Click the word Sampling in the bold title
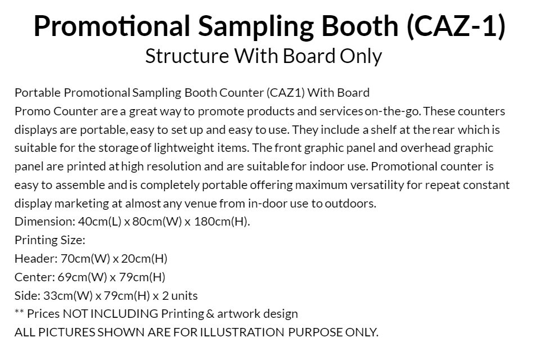[x=256, y=26]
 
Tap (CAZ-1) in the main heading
[x=456, y=26]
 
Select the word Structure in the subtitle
[x=187, y=56]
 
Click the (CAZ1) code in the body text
[x=286, y=93]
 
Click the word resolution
[x=174, y=166]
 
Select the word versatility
[x=377, y=185]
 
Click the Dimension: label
[x=45, y=222]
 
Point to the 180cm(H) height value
[x=221, y=222]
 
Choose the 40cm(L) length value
[x=100, y=222]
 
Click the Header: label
[x=36, y=258]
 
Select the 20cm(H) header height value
[x=144, y=258]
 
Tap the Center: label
[x=34, y=277]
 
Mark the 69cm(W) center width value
[x=82, y=277]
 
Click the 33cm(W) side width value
[x=68, y=295]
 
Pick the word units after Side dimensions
[x=184, y=295]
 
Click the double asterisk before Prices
[x=19, y=312]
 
